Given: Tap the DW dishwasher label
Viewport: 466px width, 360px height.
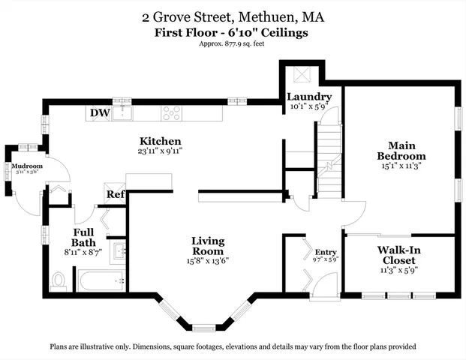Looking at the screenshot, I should (99, 114).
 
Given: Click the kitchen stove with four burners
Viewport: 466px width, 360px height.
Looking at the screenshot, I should (172, 113).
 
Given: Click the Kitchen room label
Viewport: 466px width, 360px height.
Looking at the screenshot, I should (161, 141).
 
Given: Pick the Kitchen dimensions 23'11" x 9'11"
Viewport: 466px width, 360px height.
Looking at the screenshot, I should (161, 151).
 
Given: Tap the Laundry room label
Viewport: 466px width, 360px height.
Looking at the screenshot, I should (309, 97).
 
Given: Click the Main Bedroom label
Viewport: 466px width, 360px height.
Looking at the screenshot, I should (406, 151).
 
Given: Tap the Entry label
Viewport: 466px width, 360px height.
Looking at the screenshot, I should (326, 252).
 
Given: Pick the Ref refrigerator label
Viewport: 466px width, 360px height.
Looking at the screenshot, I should (115, 195).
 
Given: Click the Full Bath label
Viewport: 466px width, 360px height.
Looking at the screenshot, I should (83, 238).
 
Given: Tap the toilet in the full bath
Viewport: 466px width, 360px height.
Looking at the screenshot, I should (60, 280).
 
